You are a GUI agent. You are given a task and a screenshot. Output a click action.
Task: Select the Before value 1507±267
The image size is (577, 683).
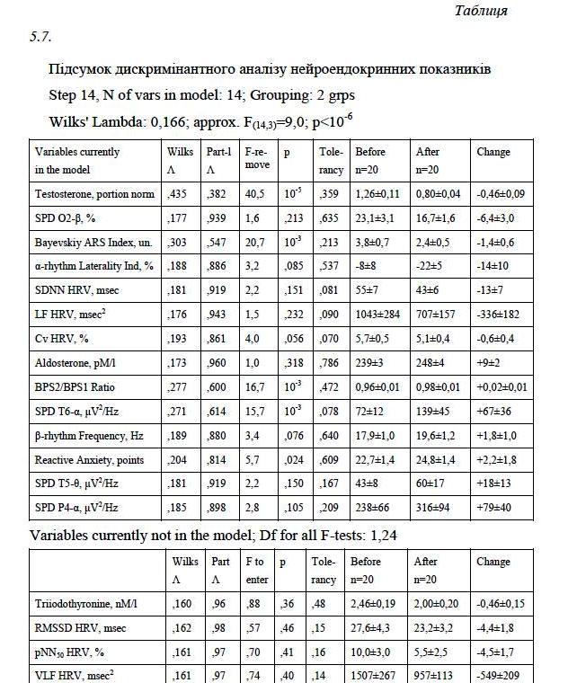pyautogui.click(x=377, y=676)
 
